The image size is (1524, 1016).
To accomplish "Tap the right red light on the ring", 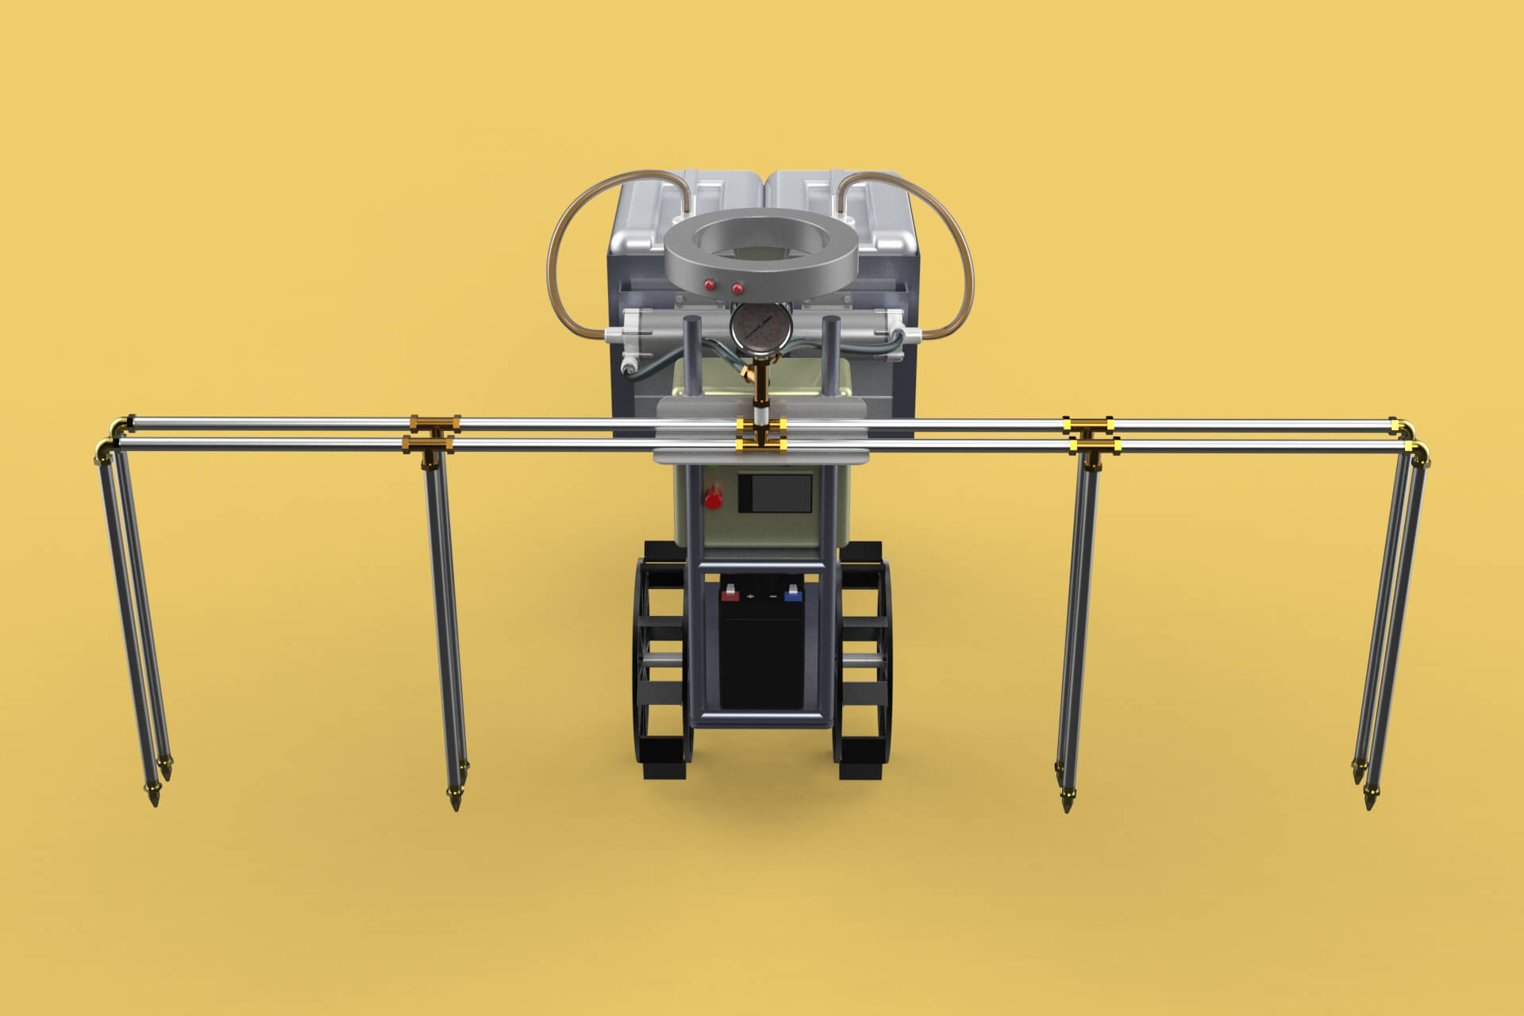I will tap(737, 287).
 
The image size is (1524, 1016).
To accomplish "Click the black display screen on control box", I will tap(775, 494).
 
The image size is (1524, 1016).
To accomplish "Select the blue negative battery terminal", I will tap(791, 592).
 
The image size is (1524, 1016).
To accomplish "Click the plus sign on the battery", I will tap(750, 595).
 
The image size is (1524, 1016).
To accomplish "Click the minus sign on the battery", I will tap(772, 595).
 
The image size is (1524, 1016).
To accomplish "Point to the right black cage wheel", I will tap(864, 659).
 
